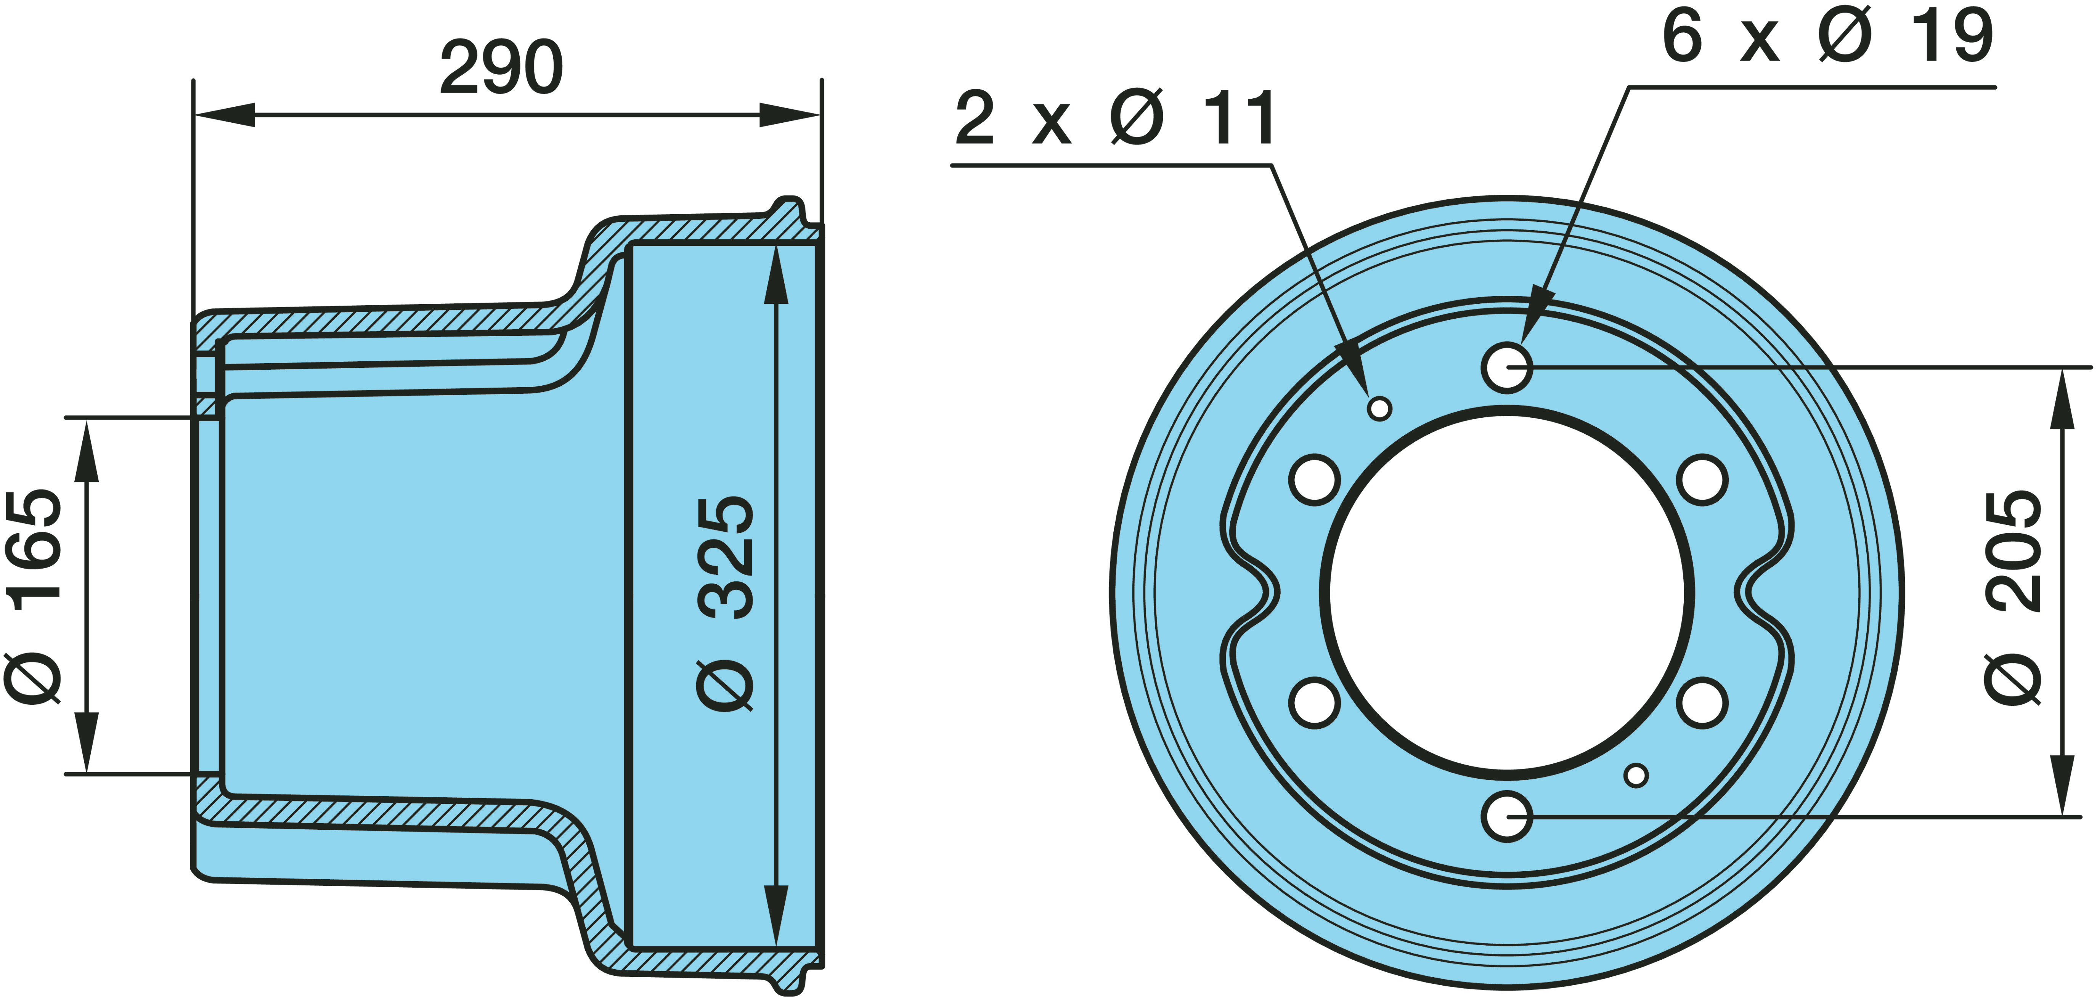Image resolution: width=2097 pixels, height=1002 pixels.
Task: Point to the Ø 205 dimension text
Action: (2013, 596)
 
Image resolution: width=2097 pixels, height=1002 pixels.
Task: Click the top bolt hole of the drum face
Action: (1507, 367)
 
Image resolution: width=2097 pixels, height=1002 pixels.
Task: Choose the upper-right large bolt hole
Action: (1702, 479)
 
